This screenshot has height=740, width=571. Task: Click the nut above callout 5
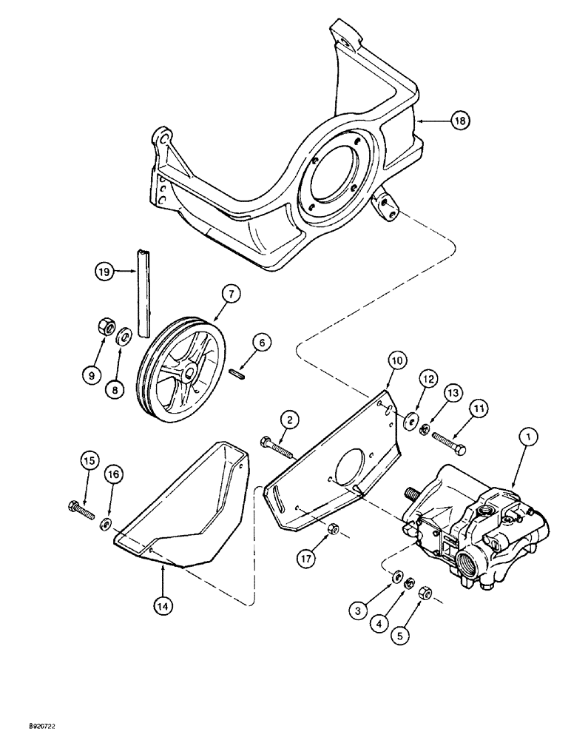[x=425, y=592]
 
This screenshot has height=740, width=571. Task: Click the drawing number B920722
[x=26, y=728]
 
